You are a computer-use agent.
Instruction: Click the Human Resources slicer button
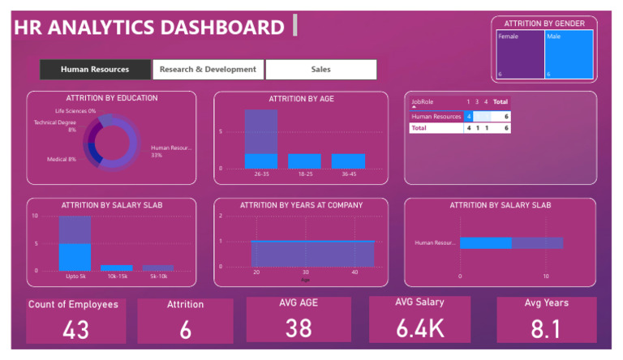click(x=95, y=70)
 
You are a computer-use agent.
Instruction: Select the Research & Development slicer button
click(x=208, y=70)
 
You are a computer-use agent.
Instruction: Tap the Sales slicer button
click(x=320, y=70)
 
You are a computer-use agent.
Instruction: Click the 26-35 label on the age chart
click(x=261, y=174)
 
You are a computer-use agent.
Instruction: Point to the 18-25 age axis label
click(x=304, y=174)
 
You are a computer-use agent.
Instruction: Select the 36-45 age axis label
click(x=348, y=174)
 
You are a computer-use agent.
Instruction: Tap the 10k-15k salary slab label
click(x=116, y=276)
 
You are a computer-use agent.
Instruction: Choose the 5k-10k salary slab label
click(x=158, y=276)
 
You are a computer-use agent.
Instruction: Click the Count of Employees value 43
click(x=75, y=330)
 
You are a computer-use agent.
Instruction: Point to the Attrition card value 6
click(x=185, y=330)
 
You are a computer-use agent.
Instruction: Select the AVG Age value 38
click(x=299, y=328)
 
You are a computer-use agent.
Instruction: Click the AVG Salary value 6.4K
click(x=421, y=328)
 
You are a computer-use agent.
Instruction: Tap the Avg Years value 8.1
click(x=545, y=328)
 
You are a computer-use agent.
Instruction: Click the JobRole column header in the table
click(x=423, y=102)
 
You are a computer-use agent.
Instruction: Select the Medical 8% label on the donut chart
click(x=61, y=159)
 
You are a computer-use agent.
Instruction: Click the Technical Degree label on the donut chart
click(x=55, y=123)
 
